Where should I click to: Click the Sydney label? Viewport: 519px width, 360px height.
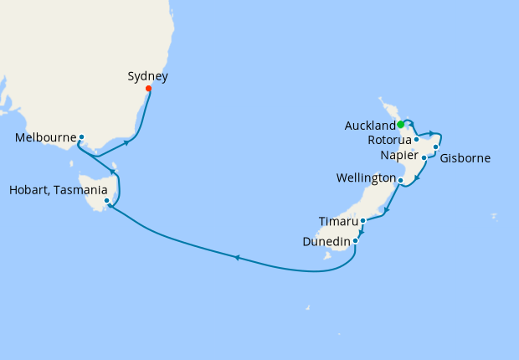tap(147, 76)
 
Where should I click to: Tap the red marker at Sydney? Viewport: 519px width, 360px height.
tap(148, 89)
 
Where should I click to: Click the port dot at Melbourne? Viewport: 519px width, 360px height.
tap(81, 136)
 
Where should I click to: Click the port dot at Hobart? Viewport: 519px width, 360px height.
tap(106, 201)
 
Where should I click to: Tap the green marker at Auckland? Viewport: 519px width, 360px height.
tap(401, 125)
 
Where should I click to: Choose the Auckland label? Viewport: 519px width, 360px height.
tap(369, 126)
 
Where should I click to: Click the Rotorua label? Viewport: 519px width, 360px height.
tap(389, 140)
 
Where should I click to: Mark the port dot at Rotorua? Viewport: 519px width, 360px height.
tap(416, 140)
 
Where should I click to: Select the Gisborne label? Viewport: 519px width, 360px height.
tap(465, 157)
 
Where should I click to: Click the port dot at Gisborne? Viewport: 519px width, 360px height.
tap(436, 147)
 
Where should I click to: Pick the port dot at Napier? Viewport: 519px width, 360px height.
tap(424, 157)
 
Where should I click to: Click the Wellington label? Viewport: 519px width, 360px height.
tap(366, 178)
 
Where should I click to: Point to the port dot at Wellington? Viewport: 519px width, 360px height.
tap(401, 180)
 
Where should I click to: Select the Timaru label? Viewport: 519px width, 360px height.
tap(338, 221)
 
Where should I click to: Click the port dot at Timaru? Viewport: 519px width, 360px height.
tap(362, 221)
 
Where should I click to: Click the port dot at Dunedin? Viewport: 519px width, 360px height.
tap(356, 241)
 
